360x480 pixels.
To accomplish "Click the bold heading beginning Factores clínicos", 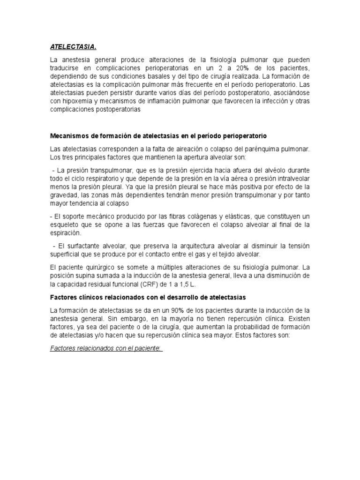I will pyautogui.click(x=148, y=298).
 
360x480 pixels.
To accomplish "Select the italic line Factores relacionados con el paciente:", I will pyautogui.click(x=105, y=349).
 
